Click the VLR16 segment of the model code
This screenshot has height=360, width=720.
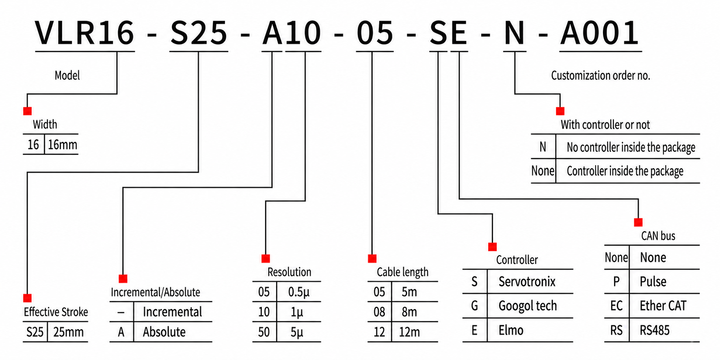click(84, 33)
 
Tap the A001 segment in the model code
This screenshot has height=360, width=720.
click(599, 33)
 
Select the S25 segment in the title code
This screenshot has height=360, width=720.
click(199, 33)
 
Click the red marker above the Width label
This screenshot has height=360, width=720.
click(28, 111)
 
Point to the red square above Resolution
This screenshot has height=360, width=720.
click(266, 259)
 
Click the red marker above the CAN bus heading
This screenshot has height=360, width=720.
click(638, 222)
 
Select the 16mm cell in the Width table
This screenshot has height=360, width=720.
click(62, 144)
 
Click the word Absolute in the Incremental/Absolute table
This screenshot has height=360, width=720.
click(164, 332)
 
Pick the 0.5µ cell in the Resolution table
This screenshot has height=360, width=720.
click(298, 292)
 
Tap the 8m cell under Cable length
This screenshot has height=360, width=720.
click(409, 312)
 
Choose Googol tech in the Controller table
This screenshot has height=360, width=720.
click(528, 306)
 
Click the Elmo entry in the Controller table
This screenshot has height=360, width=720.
click(511, 330)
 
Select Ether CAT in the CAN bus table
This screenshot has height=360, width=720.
click(663, 306)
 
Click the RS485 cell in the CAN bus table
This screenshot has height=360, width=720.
click(655, 330)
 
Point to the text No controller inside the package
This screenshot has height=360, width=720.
click(631, 147)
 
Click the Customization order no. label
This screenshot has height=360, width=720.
click(600, 75)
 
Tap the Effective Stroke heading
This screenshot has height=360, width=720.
click(56, 312)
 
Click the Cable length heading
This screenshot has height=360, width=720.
click(402, 272)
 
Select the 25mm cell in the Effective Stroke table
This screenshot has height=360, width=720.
click(68, 332)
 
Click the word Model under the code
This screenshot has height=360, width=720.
click(67, 75)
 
